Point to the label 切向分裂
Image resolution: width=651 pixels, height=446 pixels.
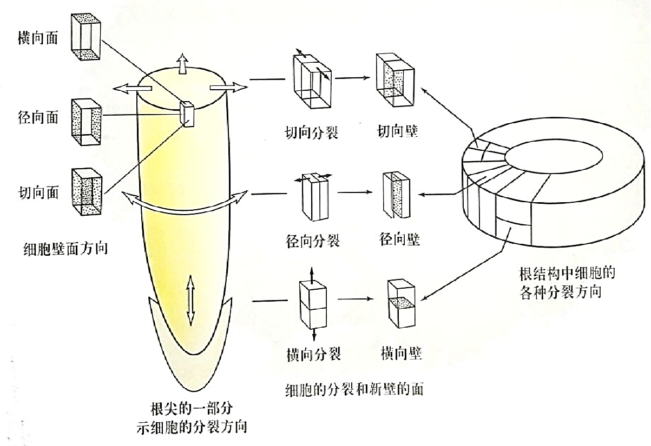click(x=312, y=132)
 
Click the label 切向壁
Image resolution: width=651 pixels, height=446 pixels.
click(x=398, y=131)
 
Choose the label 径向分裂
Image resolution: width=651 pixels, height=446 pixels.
click(x=312, y=240)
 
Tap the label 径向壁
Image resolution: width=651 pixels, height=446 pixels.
click(x=400, y=238)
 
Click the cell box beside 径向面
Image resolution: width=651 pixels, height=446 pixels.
click(x=86, y=122)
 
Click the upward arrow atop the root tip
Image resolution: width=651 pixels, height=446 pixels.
click(x=182, y=63)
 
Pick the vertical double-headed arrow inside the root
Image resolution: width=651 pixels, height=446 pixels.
click(x=190, y=299)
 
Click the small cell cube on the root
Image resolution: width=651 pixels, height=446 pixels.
click(x=187, y=113)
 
